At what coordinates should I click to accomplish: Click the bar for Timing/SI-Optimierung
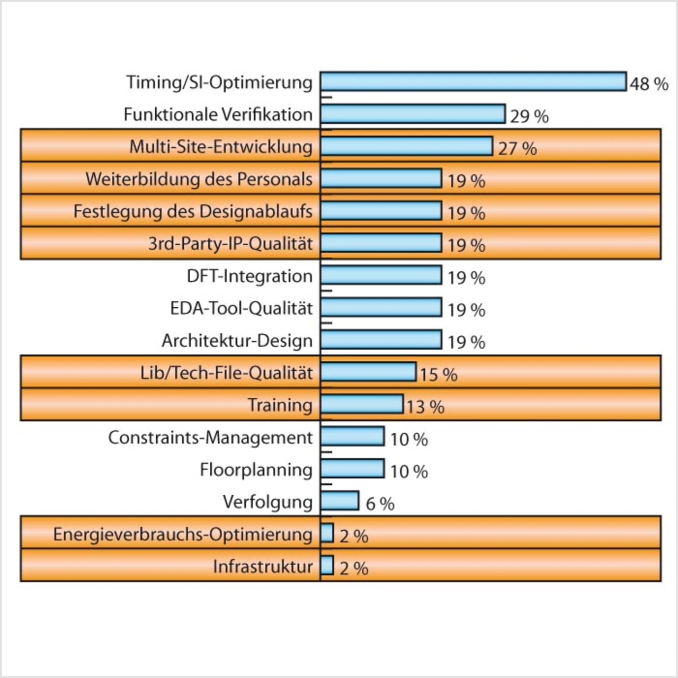pyautogui.click(x=473, y=82)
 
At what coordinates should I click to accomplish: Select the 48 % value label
pyautogui.click(x=649, y=84)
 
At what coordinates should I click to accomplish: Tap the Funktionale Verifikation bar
pyautogui.click(x=413, y=114)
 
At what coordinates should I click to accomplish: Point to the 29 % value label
pyautogui.click(x=529, y=116)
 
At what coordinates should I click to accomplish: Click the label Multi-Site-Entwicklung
pyautogui.click(x=221, y=147)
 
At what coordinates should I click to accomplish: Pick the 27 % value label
pyautogui.click(x=517, y=148)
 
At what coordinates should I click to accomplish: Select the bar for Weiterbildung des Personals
pyautogui.click(x=381, y=179)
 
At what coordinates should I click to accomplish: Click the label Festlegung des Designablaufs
pyautogui.click(x=193, y=211)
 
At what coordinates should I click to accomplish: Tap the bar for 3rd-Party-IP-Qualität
pyautogui.click(x=381, y=243)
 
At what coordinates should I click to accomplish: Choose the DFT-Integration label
pyautogui.click(x=249, y=276)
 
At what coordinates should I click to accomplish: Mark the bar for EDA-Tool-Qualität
pyautogui.click(x=381, y=308)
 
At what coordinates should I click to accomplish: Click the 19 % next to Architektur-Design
pyautogui.click(x=466, y=342)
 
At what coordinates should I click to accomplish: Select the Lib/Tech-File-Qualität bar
pyautogui.click(x=368, y=372)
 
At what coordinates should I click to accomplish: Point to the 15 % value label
pyautogui.click(x=439, y=374)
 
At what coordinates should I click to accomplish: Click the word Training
pyautogui.click(x=280, y=405)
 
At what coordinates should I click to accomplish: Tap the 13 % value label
pyautogui.click(x=425, y=407)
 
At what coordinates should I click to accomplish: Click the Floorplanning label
pyautogui.click(x=256, y=470)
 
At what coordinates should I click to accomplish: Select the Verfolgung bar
pyautogui.click(x=340, y=501)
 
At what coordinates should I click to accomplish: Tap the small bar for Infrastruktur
pyautogui.click(x=327, y=566)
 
